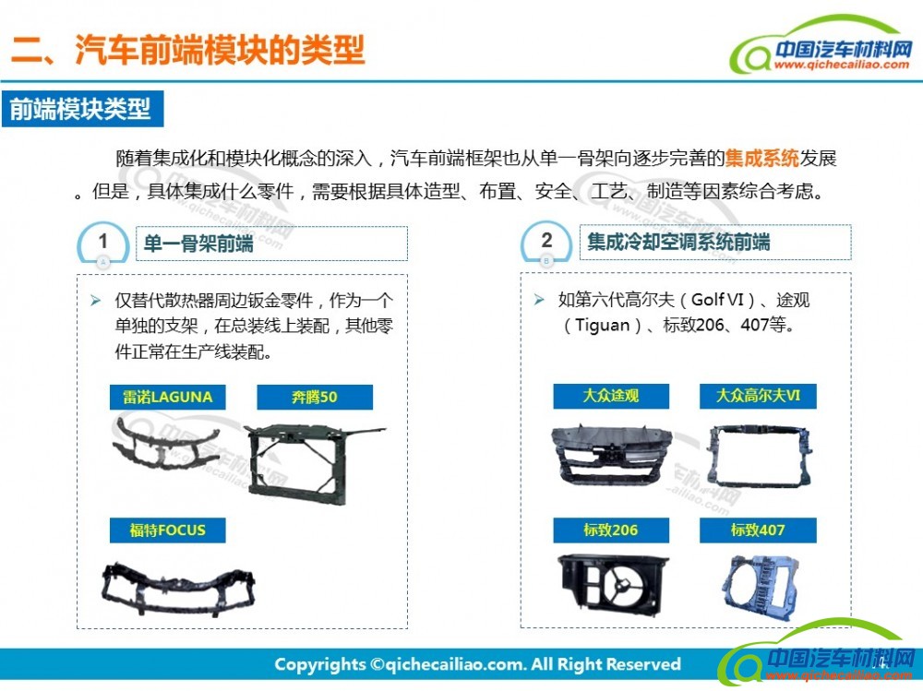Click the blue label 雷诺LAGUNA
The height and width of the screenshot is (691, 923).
pyautogui.click(x=168, y=398)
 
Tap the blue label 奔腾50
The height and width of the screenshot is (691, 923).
pyautogui.click(x=315, y=398)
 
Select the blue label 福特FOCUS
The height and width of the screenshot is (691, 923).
pyautogui.click(x=168, y=530)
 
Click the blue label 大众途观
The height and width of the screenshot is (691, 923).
pyautogui.click(x=611, y=396)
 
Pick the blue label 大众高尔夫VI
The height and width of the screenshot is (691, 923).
pyautogui.click(x=758, y=396)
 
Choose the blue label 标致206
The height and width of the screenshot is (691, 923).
pyautogui.click(x=611, y=530)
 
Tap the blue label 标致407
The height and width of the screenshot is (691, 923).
pyautogui.click(x=758, y=530)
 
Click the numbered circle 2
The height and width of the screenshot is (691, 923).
pyautogui.click(x=546, y=243)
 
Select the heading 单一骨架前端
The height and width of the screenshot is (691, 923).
pyautogui.click(x=198, y=243)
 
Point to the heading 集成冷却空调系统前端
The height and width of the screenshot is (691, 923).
pyautogui.click(x=678, y=242)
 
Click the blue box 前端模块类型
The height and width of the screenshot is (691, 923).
pyautogui.click(x=82, y=109)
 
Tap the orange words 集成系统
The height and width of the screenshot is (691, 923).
pyautogui.click(x=761, y=159)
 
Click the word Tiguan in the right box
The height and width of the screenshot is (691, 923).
pyautogui.click(x=602, y=326)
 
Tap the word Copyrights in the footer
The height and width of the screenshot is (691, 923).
pyautogui.click(x=320, y=665)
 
